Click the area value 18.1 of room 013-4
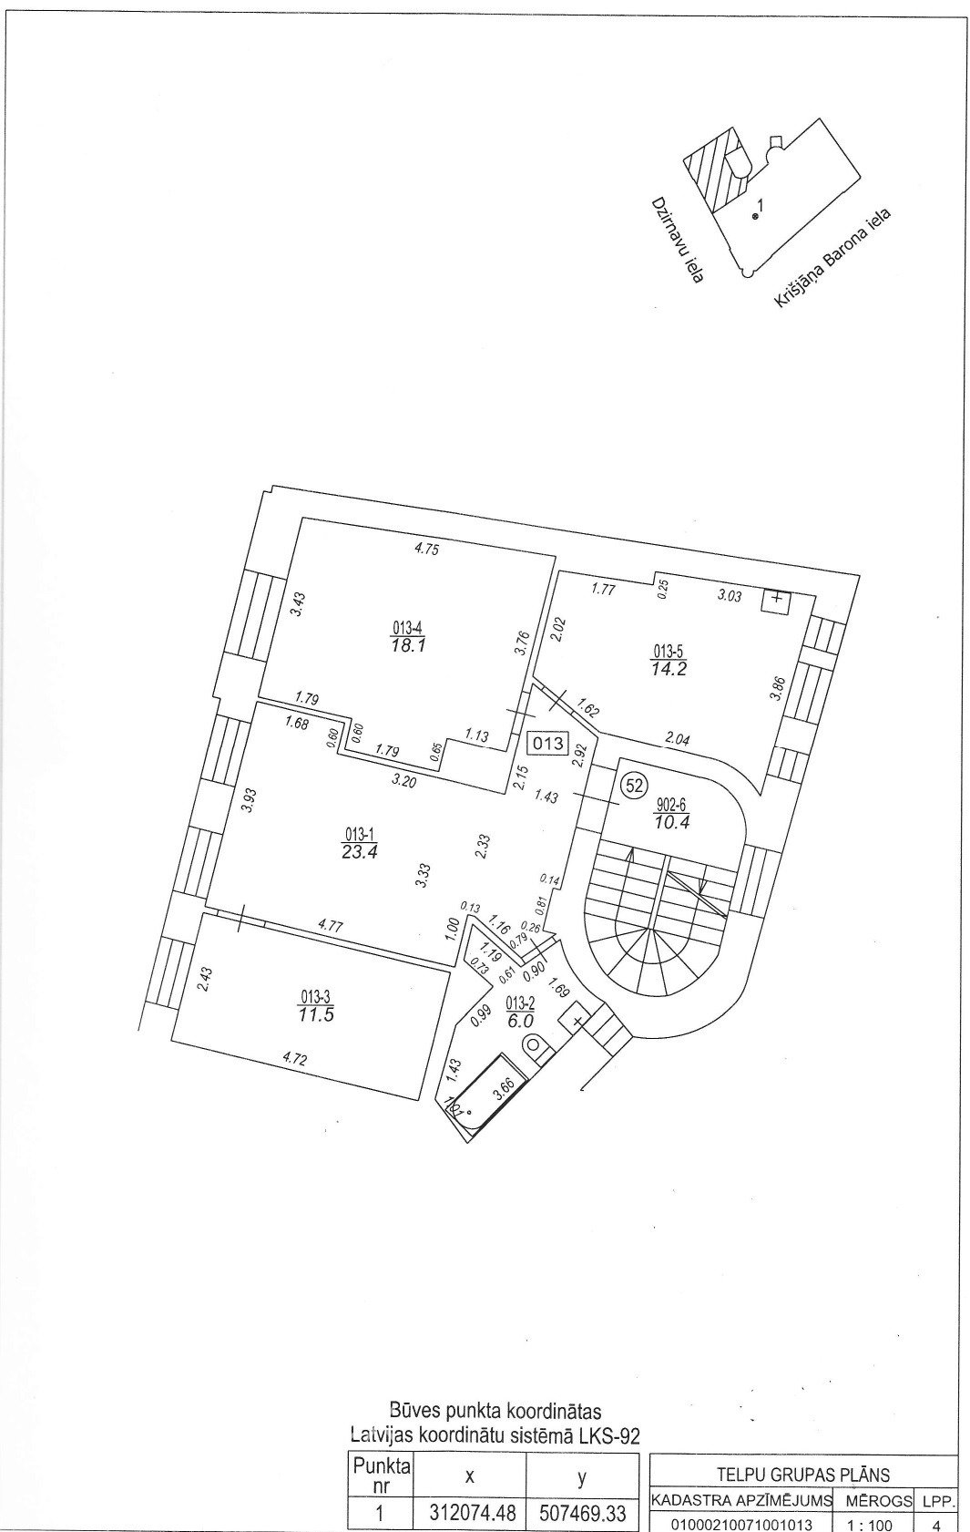(x=409, y=645)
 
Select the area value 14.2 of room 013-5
(x=669, y=668)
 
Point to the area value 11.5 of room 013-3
(x=315, y=1015)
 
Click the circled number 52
(x=635, y=786)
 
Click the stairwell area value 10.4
(x=672, y=822)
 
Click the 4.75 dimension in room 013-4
(x=426, y=548)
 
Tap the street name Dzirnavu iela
(x=679, y=240)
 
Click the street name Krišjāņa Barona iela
(x=835, y=258)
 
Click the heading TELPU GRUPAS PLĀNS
(x=802, y=1475)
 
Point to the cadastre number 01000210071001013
(x=741, y=1525)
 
